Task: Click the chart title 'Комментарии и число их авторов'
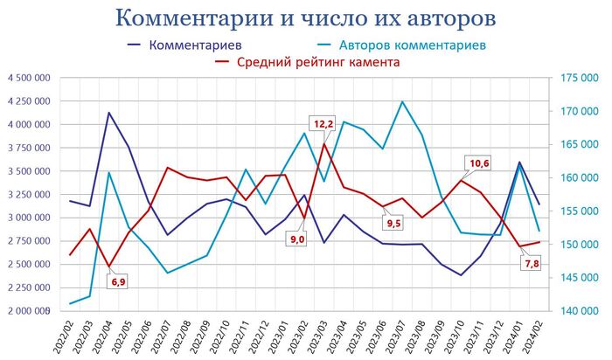306,18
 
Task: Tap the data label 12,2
323,124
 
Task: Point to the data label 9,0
297,239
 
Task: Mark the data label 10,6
479,163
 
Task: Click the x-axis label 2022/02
63,336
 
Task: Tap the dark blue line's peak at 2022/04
108,113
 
